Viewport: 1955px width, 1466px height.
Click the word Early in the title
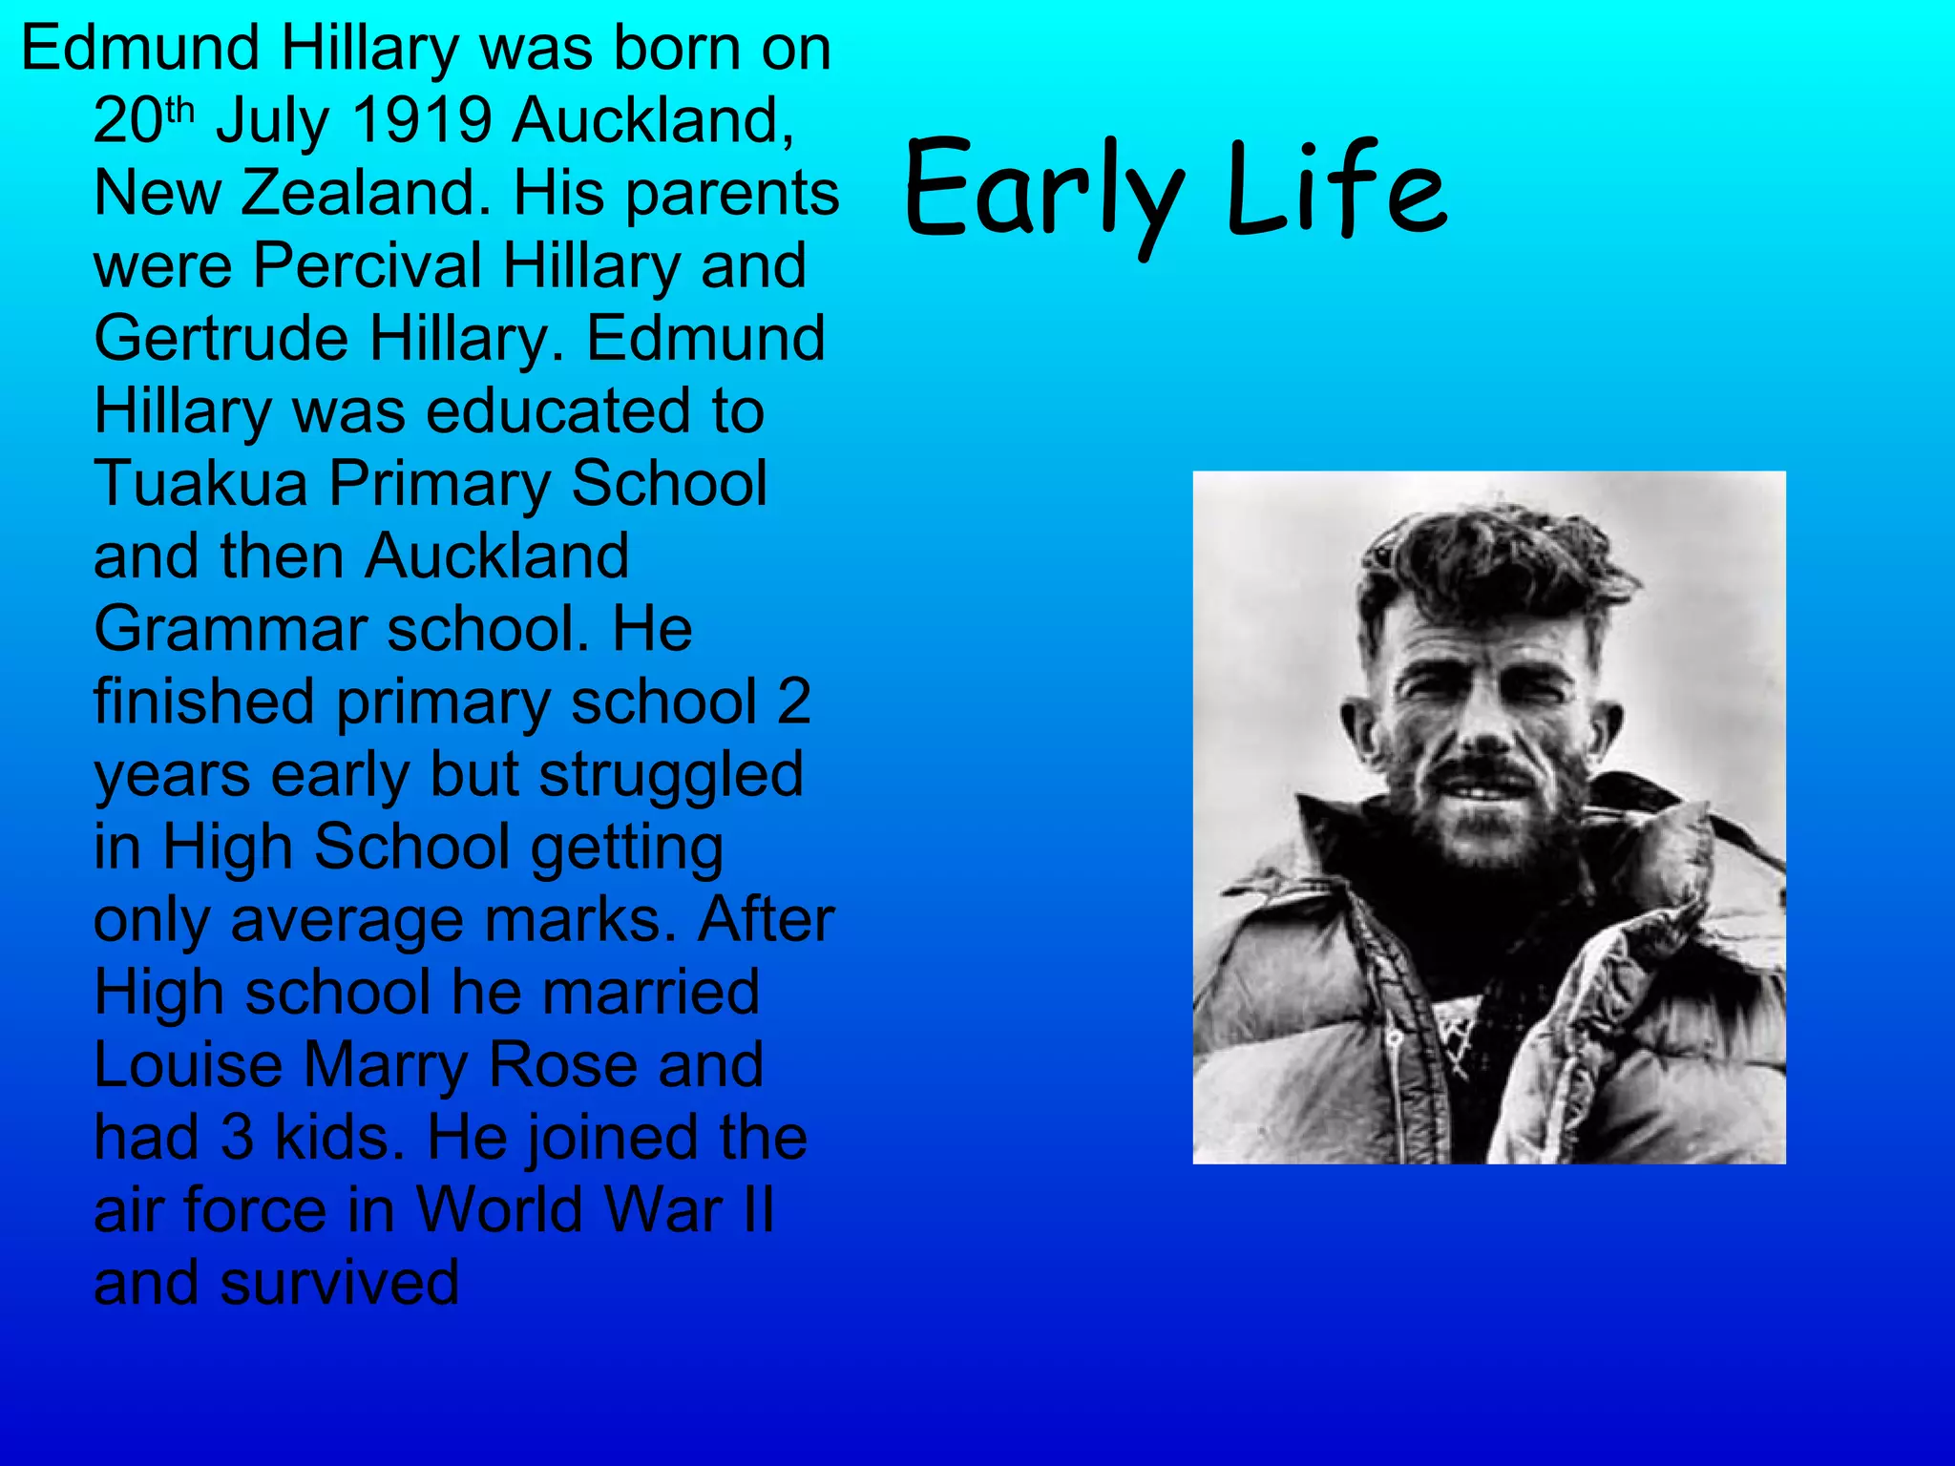click(1044, 191)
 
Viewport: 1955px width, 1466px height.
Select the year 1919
click(422, 121)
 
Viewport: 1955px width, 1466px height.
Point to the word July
click(272, 123)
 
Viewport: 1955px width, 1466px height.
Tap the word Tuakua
click(200, 484)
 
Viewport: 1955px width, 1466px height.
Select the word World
click(487, 1211)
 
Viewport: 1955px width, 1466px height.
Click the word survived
click(339, 1284)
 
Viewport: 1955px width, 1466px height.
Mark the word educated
click(557, 412)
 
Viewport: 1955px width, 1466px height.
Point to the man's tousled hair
click(1489, 563)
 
